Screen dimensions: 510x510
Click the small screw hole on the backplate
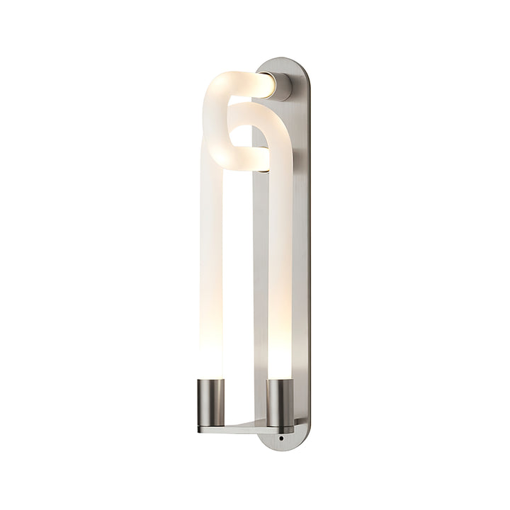point(282,439)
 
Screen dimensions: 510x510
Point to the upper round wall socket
point(281,86)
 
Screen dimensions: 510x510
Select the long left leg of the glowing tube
point(211,269)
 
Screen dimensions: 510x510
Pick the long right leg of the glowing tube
point(280,269)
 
